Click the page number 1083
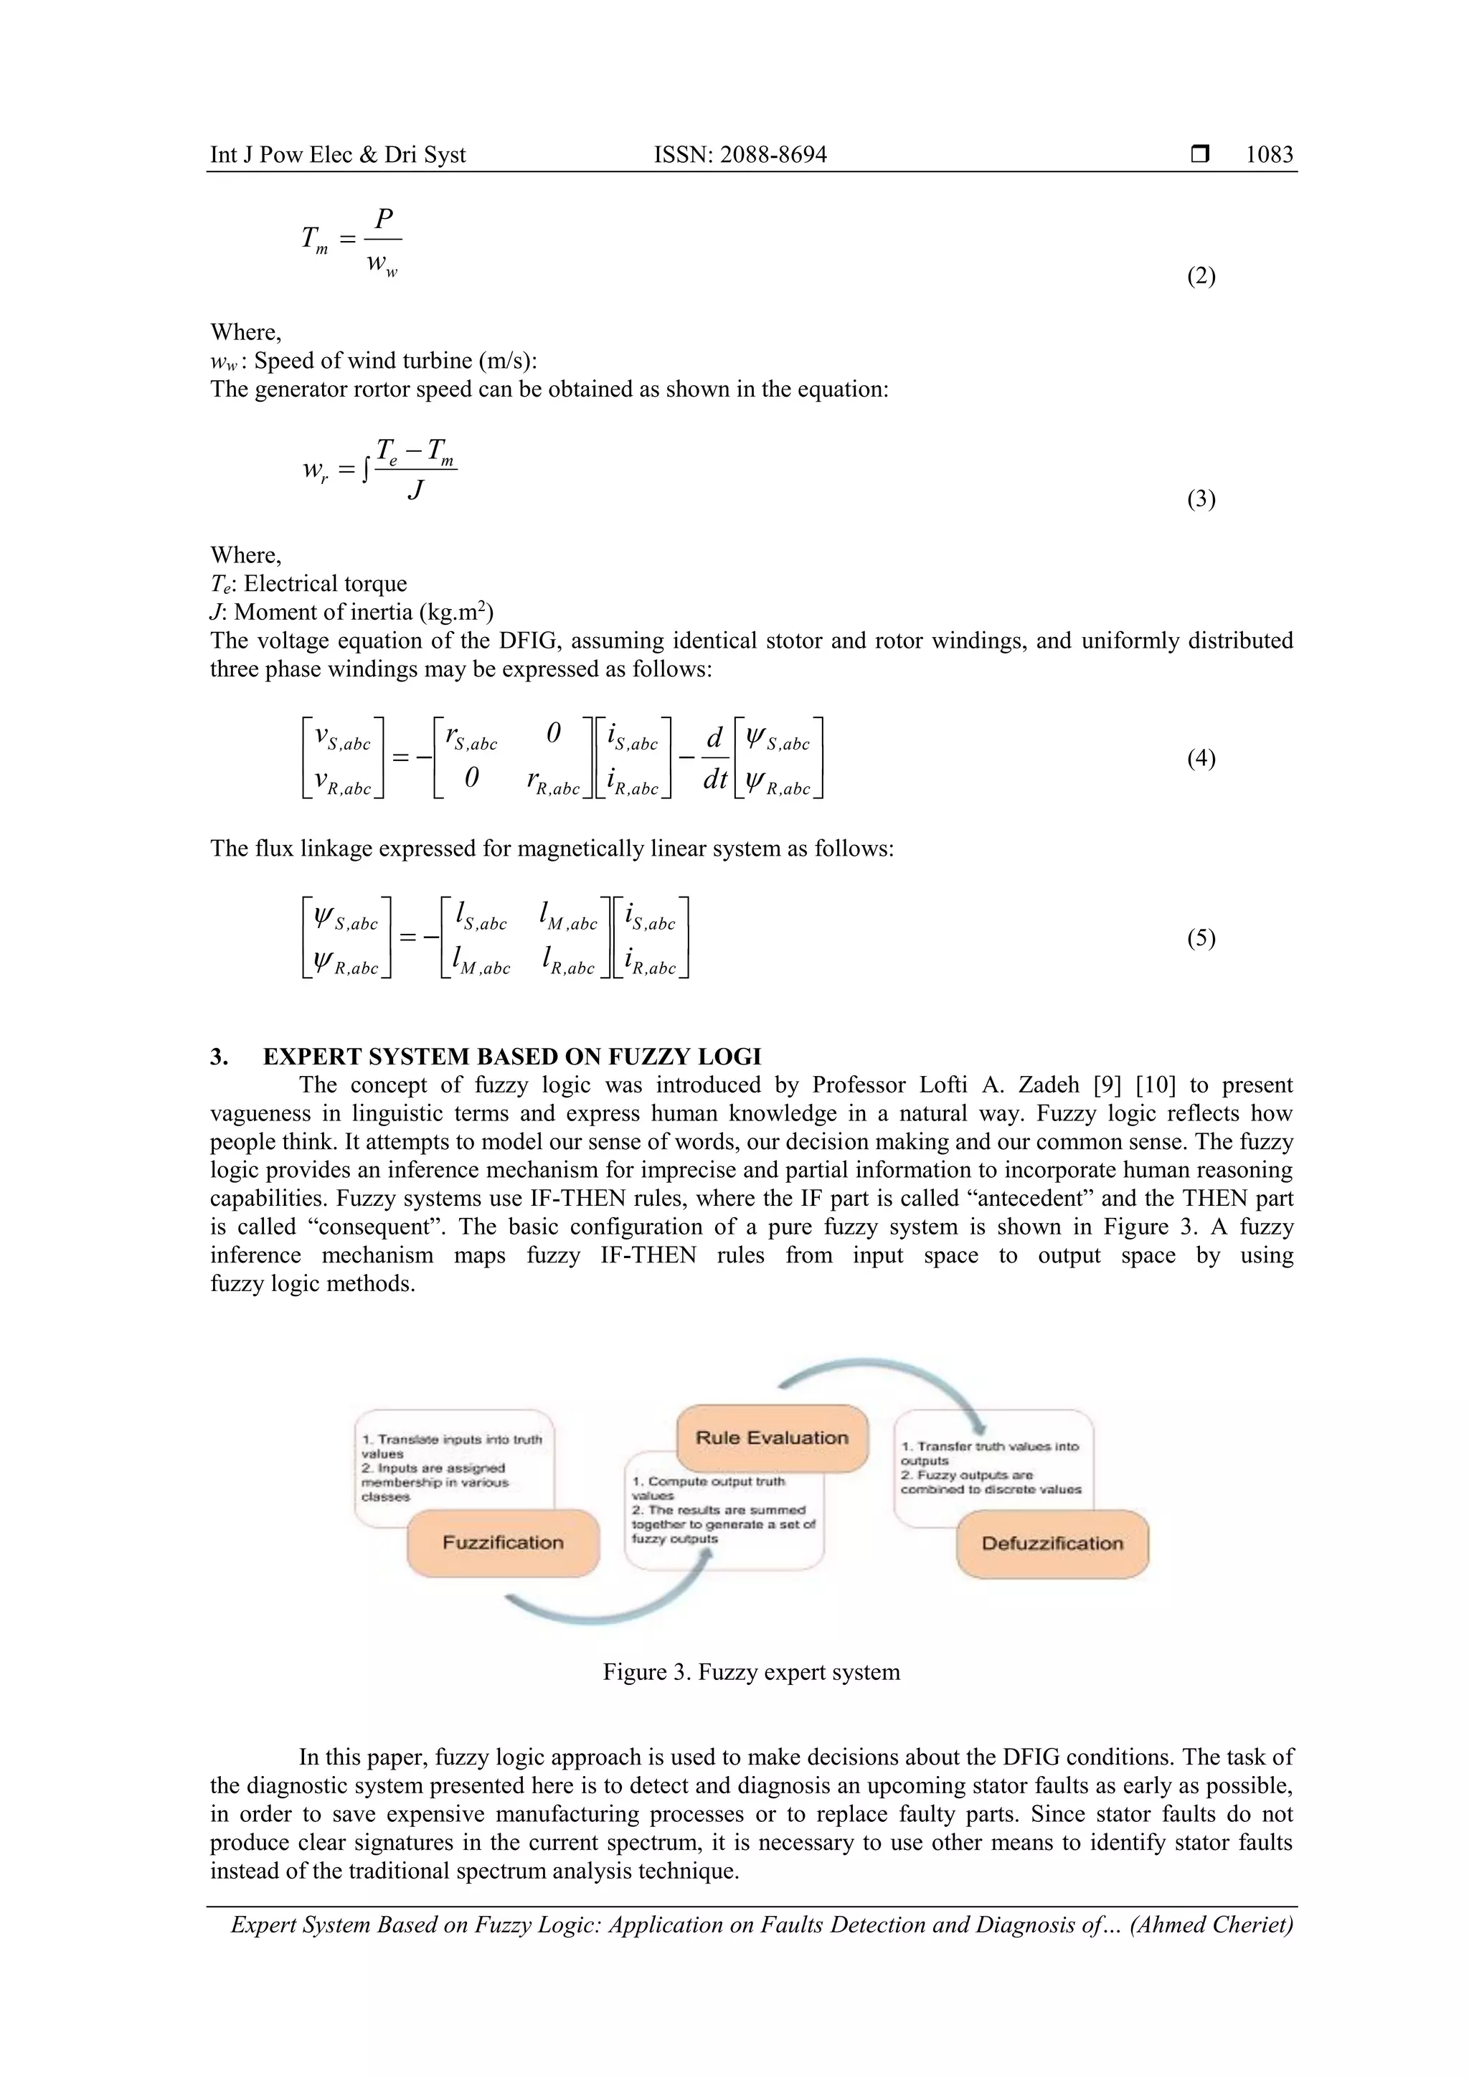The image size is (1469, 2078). (1268, 155)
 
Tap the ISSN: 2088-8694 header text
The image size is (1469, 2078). (740, 155)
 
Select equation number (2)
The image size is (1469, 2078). (1200, 276)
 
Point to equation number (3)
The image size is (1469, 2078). (1200, 499)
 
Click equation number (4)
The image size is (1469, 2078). (1200, 758)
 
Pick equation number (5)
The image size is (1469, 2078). (1200, 938)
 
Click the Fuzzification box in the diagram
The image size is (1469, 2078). (504, 1542)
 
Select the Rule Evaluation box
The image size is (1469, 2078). (771, 1437)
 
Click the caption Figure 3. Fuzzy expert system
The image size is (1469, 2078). (751, 1671)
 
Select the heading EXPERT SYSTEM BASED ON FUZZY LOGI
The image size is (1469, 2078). (511, 1056)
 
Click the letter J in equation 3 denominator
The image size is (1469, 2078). (415, 491)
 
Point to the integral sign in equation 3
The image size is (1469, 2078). (366, 471)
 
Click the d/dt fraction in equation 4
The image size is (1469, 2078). (715, 758)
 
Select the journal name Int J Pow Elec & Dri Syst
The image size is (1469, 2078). (338, 155)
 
